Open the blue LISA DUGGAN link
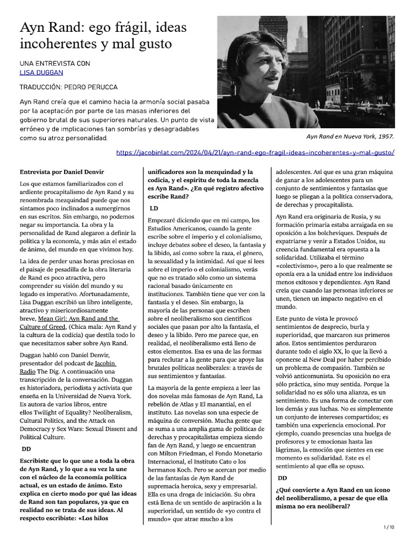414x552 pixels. click(x=42, y=72)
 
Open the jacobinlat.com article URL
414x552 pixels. click(x=255, y=153)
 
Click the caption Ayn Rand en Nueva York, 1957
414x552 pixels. click(x=350, y=136)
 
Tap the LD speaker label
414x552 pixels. click(x=154, y=208)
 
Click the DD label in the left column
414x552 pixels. click(x=26, y=448)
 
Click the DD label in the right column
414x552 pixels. click(x=282, y=478)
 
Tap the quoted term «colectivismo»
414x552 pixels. click(x=297, y=266)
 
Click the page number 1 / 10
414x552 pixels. click(x=389, y=527)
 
